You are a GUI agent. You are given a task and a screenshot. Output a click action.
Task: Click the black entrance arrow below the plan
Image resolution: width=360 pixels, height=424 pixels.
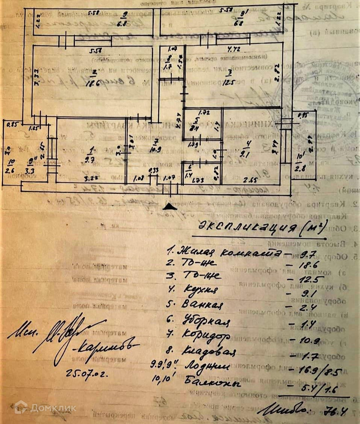(171, 206)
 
